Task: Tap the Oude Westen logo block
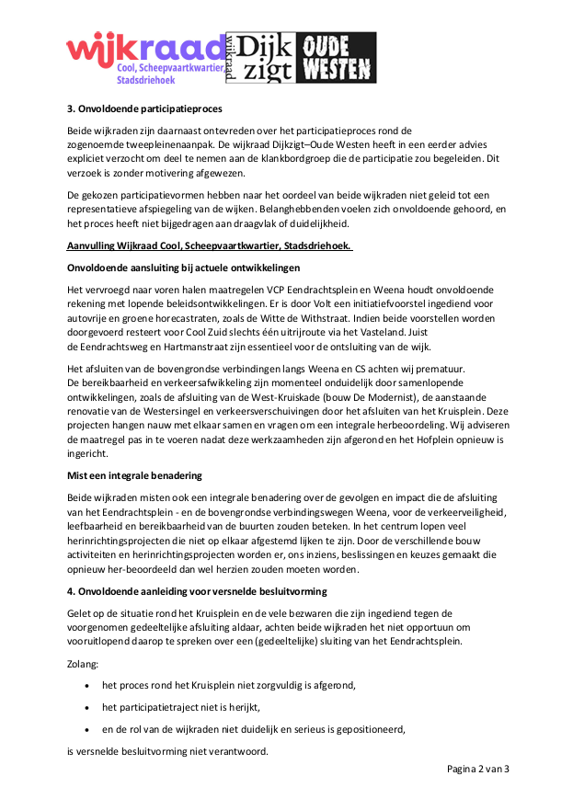point(340,58)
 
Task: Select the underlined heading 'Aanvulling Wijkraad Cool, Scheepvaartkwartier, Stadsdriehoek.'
point(211,246)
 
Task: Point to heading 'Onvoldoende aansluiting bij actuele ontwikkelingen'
point(184,268)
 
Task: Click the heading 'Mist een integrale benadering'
point(133,475)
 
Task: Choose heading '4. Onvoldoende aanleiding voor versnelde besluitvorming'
point(197,590)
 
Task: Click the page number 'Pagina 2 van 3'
point(478,769)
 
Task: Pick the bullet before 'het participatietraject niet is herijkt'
point(86,707)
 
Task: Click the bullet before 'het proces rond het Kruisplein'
point(86,685)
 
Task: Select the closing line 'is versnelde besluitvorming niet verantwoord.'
point(167,751)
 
